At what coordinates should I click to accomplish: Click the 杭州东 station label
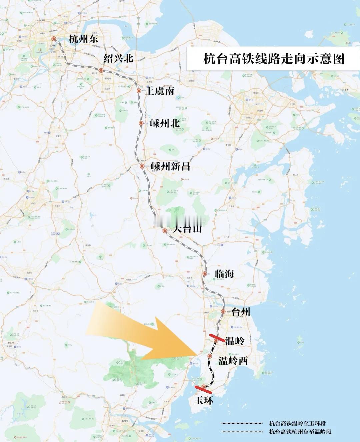coord(83,39)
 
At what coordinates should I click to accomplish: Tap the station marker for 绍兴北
coord(101,71)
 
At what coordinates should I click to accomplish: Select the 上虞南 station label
coord(159,91)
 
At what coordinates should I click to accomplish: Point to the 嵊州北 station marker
coord(141,123)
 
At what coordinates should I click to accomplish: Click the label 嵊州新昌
coord(170,166)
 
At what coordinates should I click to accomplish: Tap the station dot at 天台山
coord(165,230)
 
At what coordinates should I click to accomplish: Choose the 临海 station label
coord(224,274)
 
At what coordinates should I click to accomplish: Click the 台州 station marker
coord(223,312)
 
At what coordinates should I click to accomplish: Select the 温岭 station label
coord(235,341)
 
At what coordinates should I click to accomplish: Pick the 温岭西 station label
coord(233,360)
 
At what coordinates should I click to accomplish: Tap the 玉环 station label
coord(204,400)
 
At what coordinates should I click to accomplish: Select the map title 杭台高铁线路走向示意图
coord(273,59)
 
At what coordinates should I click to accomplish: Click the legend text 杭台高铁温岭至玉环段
coord(297,423)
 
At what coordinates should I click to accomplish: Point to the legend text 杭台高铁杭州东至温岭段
coord(300,432)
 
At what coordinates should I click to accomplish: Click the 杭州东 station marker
coord(53,39)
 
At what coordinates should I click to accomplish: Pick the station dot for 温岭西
coord(210,356)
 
